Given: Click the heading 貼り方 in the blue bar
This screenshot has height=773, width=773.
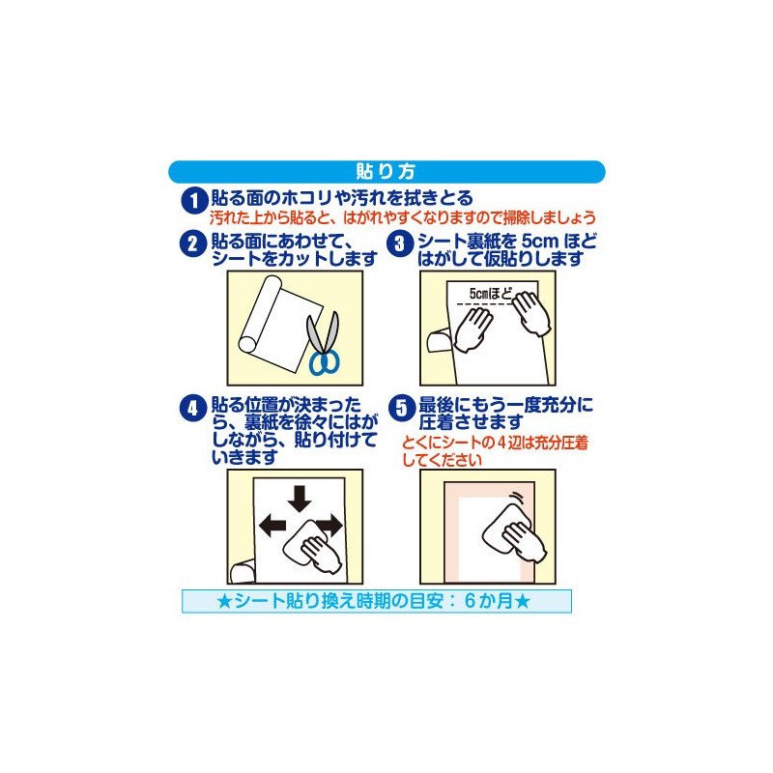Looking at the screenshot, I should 386,172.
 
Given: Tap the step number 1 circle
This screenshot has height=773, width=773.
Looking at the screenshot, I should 193,200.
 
